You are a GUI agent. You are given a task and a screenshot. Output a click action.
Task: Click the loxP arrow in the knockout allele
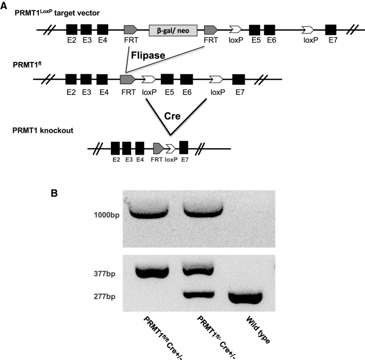(x=171, y=148)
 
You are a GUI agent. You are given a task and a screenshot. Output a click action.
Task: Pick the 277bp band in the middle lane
(x=198, y=293)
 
